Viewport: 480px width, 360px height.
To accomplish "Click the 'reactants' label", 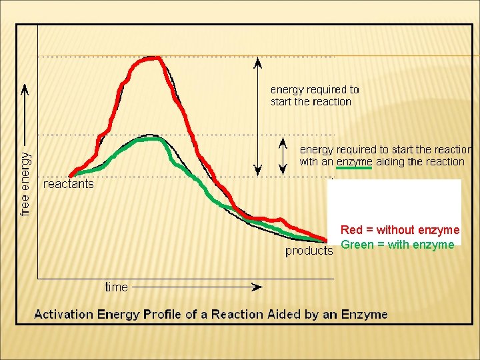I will (69, 184).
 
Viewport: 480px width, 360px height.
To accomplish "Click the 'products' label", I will (309, 251).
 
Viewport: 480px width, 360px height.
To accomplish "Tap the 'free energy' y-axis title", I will (25, 184).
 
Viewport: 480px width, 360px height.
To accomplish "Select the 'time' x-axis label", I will (116, 287).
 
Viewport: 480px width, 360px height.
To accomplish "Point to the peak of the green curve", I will (151, 139).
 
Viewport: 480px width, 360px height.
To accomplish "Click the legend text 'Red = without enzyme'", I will (400, 230).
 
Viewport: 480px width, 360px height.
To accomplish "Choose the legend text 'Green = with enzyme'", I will (397, 245).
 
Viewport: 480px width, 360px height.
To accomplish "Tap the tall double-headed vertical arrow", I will (256, 117).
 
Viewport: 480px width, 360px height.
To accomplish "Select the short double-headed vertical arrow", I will (283, 155).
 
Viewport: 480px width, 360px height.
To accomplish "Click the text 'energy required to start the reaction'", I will (314, 95).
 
